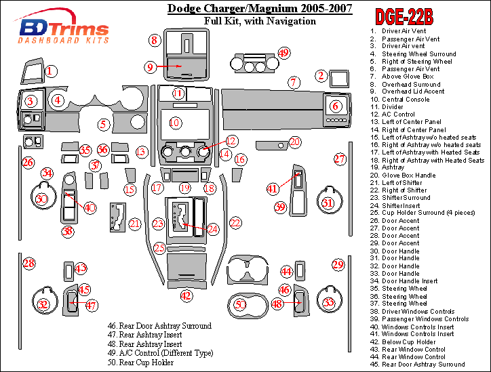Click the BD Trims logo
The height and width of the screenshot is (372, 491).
coord(64,30)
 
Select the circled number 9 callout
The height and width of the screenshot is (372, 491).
coord(150,66)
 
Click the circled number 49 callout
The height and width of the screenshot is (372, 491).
coord(283,53)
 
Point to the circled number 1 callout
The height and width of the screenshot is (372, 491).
coord(51,70)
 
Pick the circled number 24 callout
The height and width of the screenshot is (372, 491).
coord(213,229)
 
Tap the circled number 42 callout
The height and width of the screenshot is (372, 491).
coord(186,295)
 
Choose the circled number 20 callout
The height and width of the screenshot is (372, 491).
coord(294,142)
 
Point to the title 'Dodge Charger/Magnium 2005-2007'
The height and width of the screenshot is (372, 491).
coord(260,9)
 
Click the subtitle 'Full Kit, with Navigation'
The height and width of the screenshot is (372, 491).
coord(260,21)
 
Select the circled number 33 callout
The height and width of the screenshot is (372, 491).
coord(328,303)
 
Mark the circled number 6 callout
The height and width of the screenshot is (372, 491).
coord(335,106)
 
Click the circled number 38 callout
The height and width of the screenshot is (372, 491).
coord(68,232)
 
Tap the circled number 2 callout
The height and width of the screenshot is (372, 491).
coord(321,76)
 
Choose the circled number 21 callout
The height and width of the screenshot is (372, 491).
coord(134,224)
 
